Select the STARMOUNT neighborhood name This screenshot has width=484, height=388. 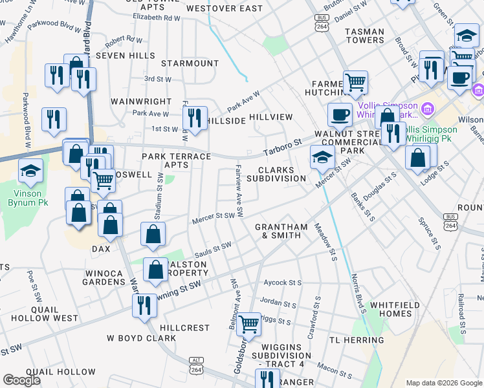point(190,63)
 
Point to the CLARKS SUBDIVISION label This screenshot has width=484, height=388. point(276,174)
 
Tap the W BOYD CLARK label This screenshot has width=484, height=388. point(141,338)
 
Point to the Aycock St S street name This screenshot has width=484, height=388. point(283,283)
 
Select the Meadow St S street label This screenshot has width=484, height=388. point(326,242)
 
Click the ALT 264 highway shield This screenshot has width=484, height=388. point(196,365)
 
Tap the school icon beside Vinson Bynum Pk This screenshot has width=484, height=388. point(30,172)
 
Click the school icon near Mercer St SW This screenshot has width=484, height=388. point(322,156)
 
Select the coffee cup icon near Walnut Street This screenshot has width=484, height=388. point(340,115)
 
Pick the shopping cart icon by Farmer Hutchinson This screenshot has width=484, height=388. point(355,82)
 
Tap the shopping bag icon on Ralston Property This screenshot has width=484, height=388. point(156,270)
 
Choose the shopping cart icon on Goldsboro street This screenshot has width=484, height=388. point(248,324)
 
